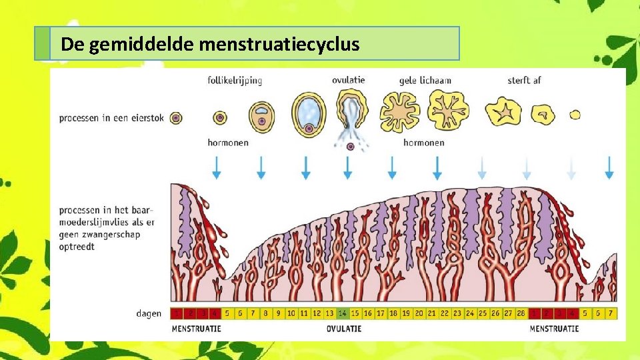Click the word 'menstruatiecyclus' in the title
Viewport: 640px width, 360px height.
coord(279,45)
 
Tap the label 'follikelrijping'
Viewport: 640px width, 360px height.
coord(235,81)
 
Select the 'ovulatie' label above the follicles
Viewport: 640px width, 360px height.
coord(348,80)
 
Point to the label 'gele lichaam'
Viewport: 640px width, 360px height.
coord(425,81)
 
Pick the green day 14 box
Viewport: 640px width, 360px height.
coord(343,313)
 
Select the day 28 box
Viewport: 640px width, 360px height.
coord(521,313)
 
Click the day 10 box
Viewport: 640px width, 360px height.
coord(291,313)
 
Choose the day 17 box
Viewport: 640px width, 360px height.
coord(381,313)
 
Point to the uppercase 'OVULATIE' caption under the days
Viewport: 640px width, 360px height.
coord(344,329)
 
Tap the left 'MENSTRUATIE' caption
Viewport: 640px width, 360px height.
coord(196,329)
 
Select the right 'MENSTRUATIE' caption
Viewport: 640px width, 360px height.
coord(554,329)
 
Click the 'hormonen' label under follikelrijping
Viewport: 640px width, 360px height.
coord(227,143)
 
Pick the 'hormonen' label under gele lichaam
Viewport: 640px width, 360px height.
coord(423,143)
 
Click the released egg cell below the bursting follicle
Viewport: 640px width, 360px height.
coord(351,147)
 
